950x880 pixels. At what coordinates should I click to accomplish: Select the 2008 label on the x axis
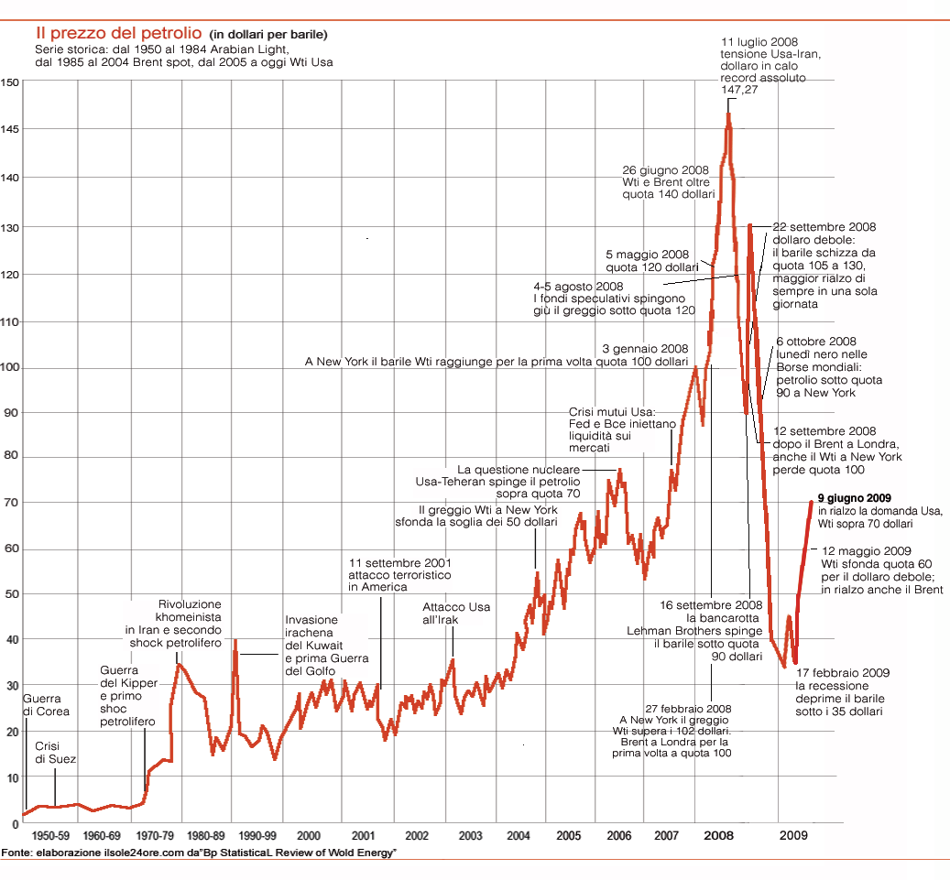(x=718, y=836)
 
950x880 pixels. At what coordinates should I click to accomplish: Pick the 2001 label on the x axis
(x=363, y=836)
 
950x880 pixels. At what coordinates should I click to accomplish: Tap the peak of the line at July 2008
(x=729, y=113)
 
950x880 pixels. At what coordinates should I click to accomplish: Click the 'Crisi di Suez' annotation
(x=56, y=753)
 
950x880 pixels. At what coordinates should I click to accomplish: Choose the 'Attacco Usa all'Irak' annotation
(x=456, y=613)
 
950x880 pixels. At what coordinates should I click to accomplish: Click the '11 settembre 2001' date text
(x=399, y=562)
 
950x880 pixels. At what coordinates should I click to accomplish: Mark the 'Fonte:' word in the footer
(x=16, y=853)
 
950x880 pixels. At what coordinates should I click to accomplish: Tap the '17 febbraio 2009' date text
(x=842, y=673)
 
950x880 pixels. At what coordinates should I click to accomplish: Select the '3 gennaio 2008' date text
(x=645, y=349)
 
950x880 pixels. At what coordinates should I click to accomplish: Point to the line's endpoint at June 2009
(x=811, y=501)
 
